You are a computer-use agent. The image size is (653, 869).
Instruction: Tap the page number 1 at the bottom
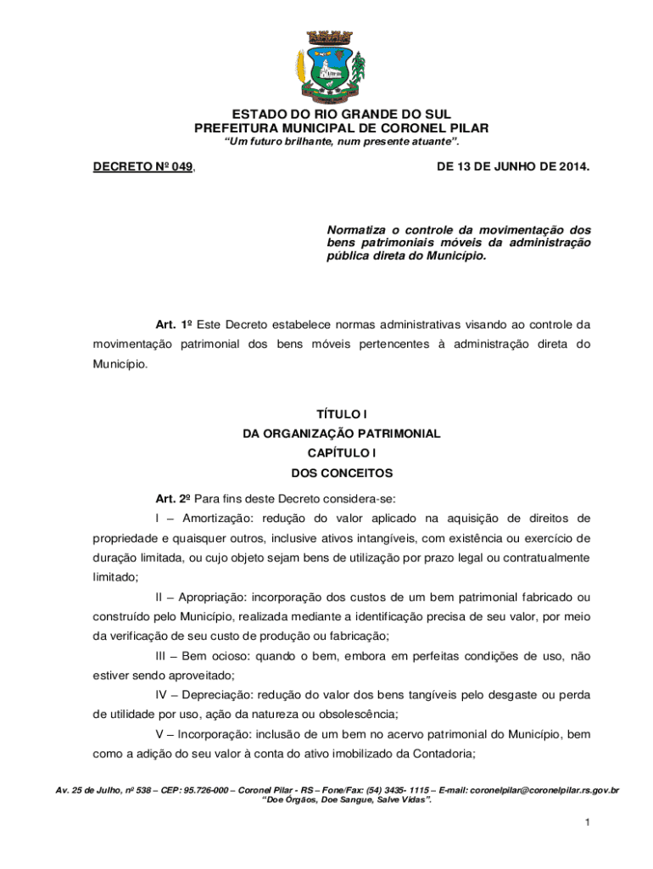point(586,823)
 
